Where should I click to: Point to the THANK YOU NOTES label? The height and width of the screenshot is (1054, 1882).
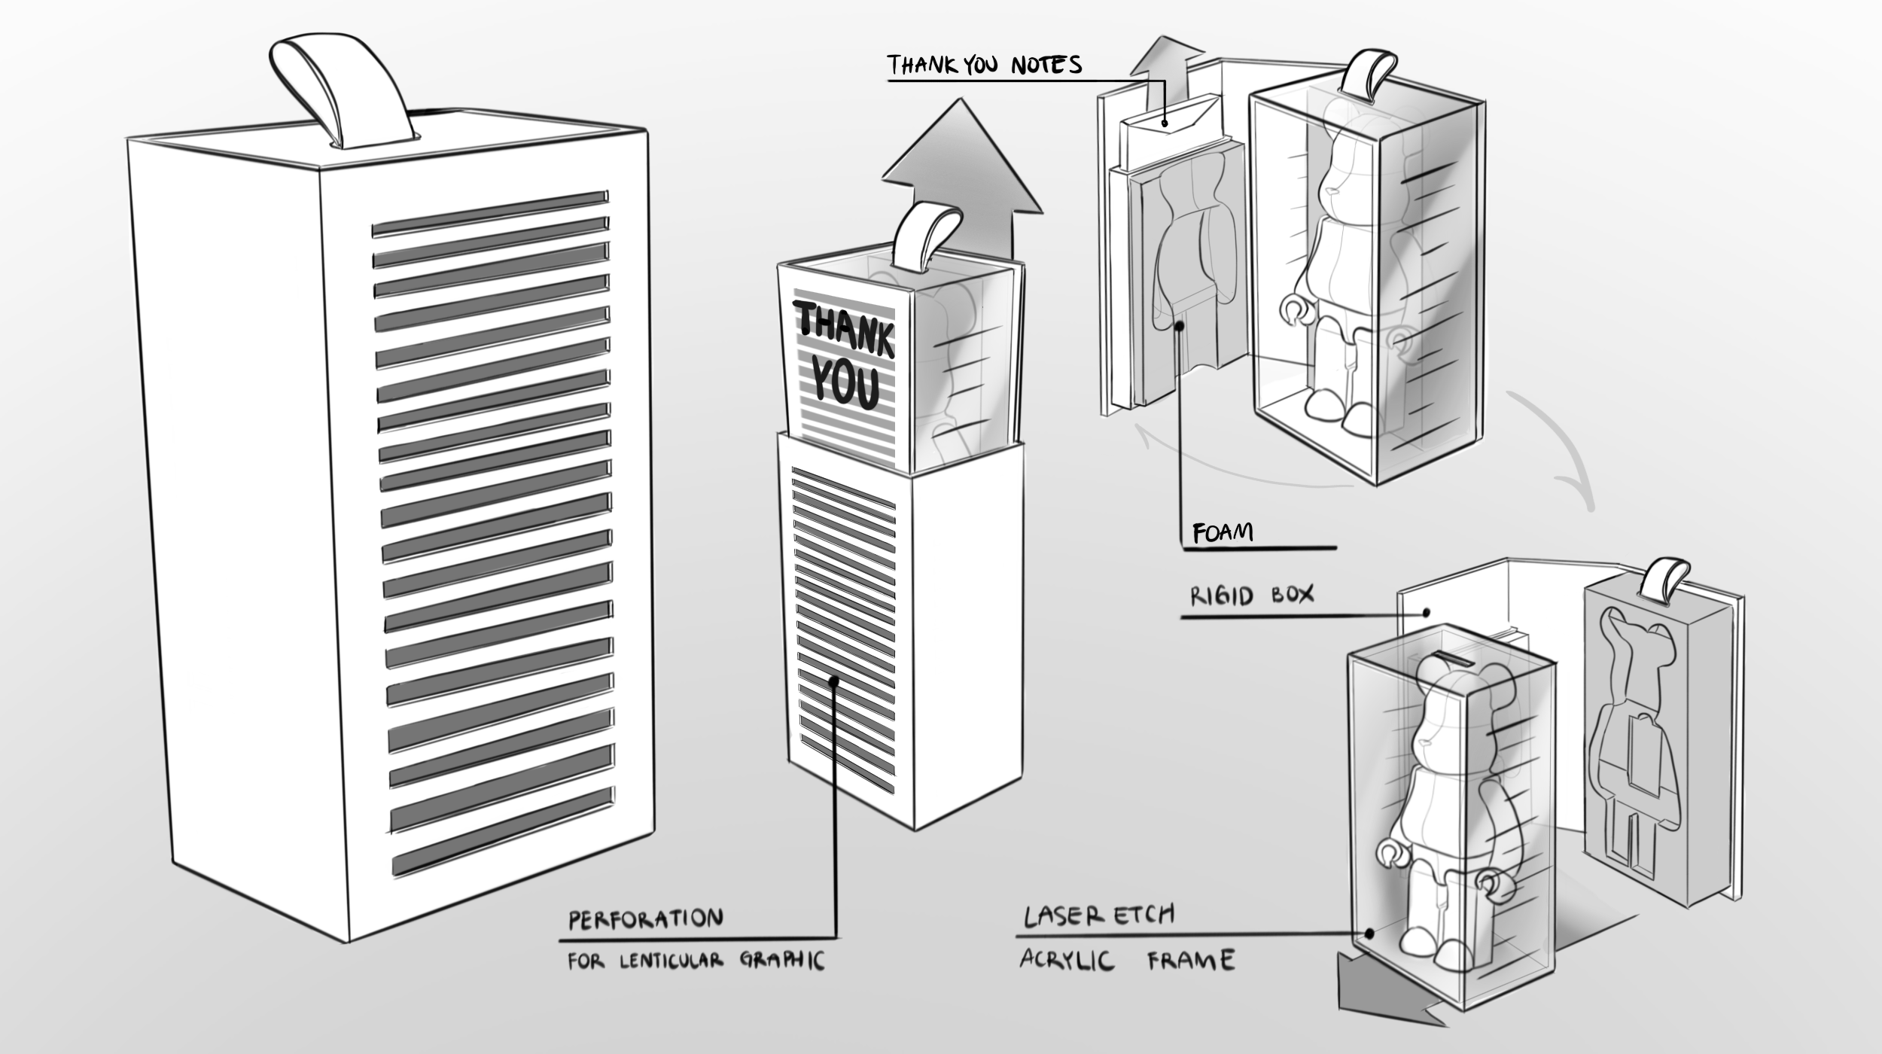click(984, 65)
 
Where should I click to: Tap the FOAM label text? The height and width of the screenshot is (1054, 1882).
click(1223, 532)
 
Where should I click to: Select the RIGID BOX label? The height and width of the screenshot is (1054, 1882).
click(1251, 596)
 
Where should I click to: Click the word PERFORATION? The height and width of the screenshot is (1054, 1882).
click(645, 919)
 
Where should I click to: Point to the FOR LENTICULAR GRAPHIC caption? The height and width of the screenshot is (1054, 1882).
click(696, 961)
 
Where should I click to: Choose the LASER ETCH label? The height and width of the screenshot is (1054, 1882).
click(1098, 915)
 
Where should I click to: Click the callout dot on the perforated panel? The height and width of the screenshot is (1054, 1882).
click(834, 681)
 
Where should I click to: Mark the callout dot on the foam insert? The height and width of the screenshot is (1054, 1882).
click(1180, 326)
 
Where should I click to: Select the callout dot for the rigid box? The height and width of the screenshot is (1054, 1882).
click(1426, 613)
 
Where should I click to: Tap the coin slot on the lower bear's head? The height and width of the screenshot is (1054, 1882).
click(1452, 660)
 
